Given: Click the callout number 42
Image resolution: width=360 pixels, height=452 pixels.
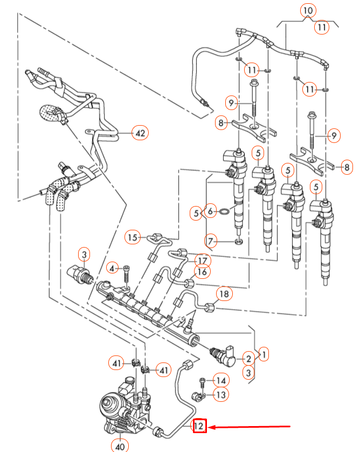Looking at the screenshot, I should (141, 132).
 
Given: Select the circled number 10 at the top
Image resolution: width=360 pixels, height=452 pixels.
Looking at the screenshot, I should (307, 10).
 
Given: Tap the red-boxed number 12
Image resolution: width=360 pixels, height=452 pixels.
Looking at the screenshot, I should (199, 427).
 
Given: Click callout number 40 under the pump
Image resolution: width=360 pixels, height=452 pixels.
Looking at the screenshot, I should (119, 445).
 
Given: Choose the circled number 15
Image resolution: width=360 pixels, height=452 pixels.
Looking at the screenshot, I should (133, 237).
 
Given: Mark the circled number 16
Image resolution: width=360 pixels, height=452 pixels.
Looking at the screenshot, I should (202, 273).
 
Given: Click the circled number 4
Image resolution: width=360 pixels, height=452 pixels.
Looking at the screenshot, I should (112, 268).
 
